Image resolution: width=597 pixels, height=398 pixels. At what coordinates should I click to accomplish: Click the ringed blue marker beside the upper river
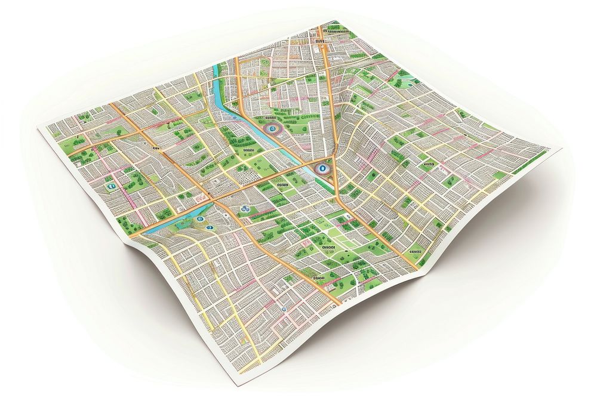point(272,128)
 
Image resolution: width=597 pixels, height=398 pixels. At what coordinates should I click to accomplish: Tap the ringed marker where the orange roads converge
point(323,169)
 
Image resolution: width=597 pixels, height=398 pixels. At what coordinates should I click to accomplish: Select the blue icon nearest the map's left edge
point(110,186)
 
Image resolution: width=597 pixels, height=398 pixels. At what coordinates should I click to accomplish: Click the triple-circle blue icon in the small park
point(244,209)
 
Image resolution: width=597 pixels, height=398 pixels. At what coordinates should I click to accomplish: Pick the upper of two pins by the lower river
point(198,219)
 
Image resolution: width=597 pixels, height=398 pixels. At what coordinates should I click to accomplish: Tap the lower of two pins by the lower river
point(209,227)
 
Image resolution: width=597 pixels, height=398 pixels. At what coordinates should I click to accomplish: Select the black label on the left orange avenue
point(157,145)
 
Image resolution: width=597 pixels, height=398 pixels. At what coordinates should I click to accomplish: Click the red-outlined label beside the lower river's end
point(199,198)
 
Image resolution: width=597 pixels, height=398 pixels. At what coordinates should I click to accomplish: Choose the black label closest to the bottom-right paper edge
point(414,252)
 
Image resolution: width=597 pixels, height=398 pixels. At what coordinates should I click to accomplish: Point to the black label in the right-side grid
point(427,162)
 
